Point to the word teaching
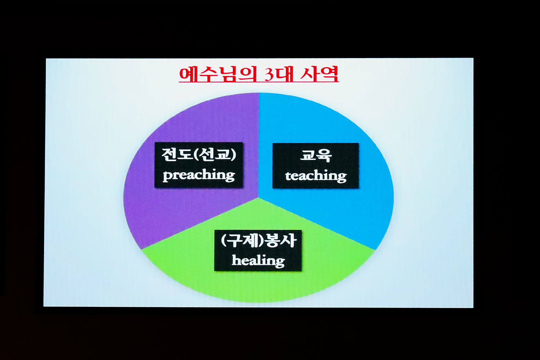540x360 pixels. coord(316,176)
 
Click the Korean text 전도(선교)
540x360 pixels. coord(199,154)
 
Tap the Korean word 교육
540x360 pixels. coord(316,156)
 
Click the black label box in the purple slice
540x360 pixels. coord(199,165)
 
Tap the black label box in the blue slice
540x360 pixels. coord(316,166)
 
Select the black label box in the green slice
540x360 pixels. coord(258,251)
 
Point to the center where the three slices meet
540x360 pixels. coord(259,198)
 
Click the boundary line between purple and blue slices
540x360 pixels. coord(259,145)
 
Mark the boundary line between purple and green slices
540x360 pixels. coord(200,224)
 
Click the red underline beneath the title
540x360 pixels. coord(259,82)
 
